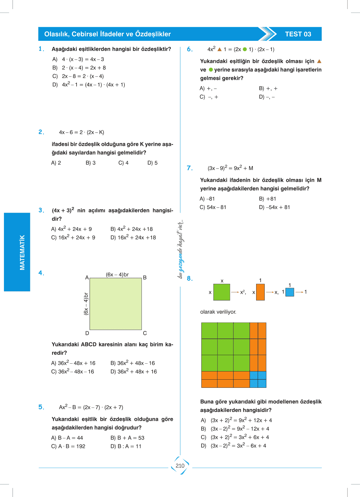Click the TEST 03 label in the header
pos(298,34)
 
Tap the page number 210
pos(180,466)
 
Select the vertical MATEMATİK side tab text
pos(22,252)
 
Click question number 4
pos(41,273)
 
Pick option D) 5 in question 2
pos(153,163)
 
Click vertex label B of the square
pos(145,277)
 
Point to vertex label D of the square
pos(87,333)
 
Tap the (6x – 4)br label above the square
pos(117,274)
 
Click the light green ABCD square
pos(116,304)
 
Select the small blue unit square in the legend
pos(290,292)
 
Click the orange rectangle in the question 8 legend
pos(260,292)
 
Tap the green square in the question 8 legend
pos(222,292)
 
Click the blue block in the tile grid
pos(258,379)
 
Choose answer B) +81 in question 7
pos(268,199)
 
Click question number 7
pos(190,168)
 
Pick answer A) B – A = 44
pos(67,438)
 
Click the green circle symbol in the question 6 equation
pos(245,49)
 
